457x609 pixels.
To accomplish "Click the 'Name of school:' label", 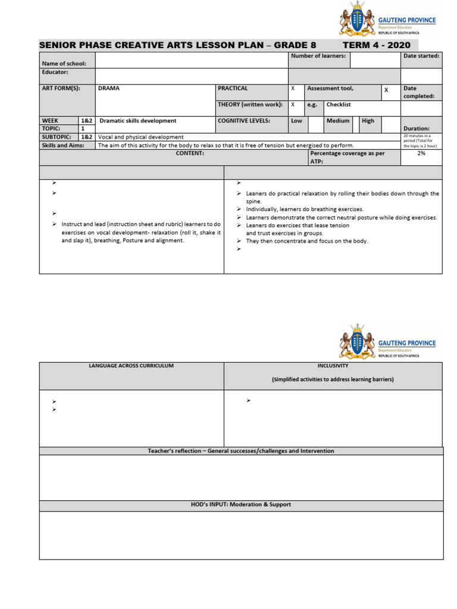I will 64,64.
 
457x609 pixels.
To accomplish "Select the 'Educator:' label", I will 55,72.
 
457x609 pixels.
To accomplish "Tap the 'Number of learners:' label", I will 318,56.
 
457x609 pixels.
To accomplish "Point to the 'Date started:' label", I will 421,56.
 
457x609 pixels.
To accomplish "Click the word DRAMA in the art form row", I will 109,89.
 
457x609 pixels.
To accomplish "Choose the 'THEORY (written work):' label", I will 250,105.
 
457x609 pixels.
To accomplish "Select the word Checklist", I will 339,105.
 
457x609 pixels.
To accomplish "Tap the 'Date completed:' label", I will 419,92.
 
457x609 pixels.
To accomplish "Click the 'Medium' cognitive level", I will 337,121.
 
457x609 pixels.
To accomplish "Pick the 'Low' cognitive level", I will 296,121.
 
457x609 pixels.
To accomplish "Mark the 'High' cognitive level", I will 368,121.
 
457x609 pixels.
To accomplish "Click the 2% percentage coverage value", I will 421,153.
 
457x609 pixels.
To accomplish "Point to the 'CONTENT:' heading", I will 190,153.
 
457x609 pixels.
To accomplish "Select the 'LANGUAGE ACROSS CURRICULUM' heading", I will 131,366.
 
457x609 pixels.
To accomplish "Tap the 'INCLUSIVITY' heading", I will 333,366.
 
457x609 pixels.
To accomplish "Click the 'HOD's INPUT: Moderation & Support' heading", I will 241,505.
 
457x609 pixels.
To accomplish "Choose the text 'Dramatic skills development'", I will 137,121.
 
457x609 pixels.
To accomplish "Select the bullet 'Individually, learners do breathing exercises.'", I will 305,209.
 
